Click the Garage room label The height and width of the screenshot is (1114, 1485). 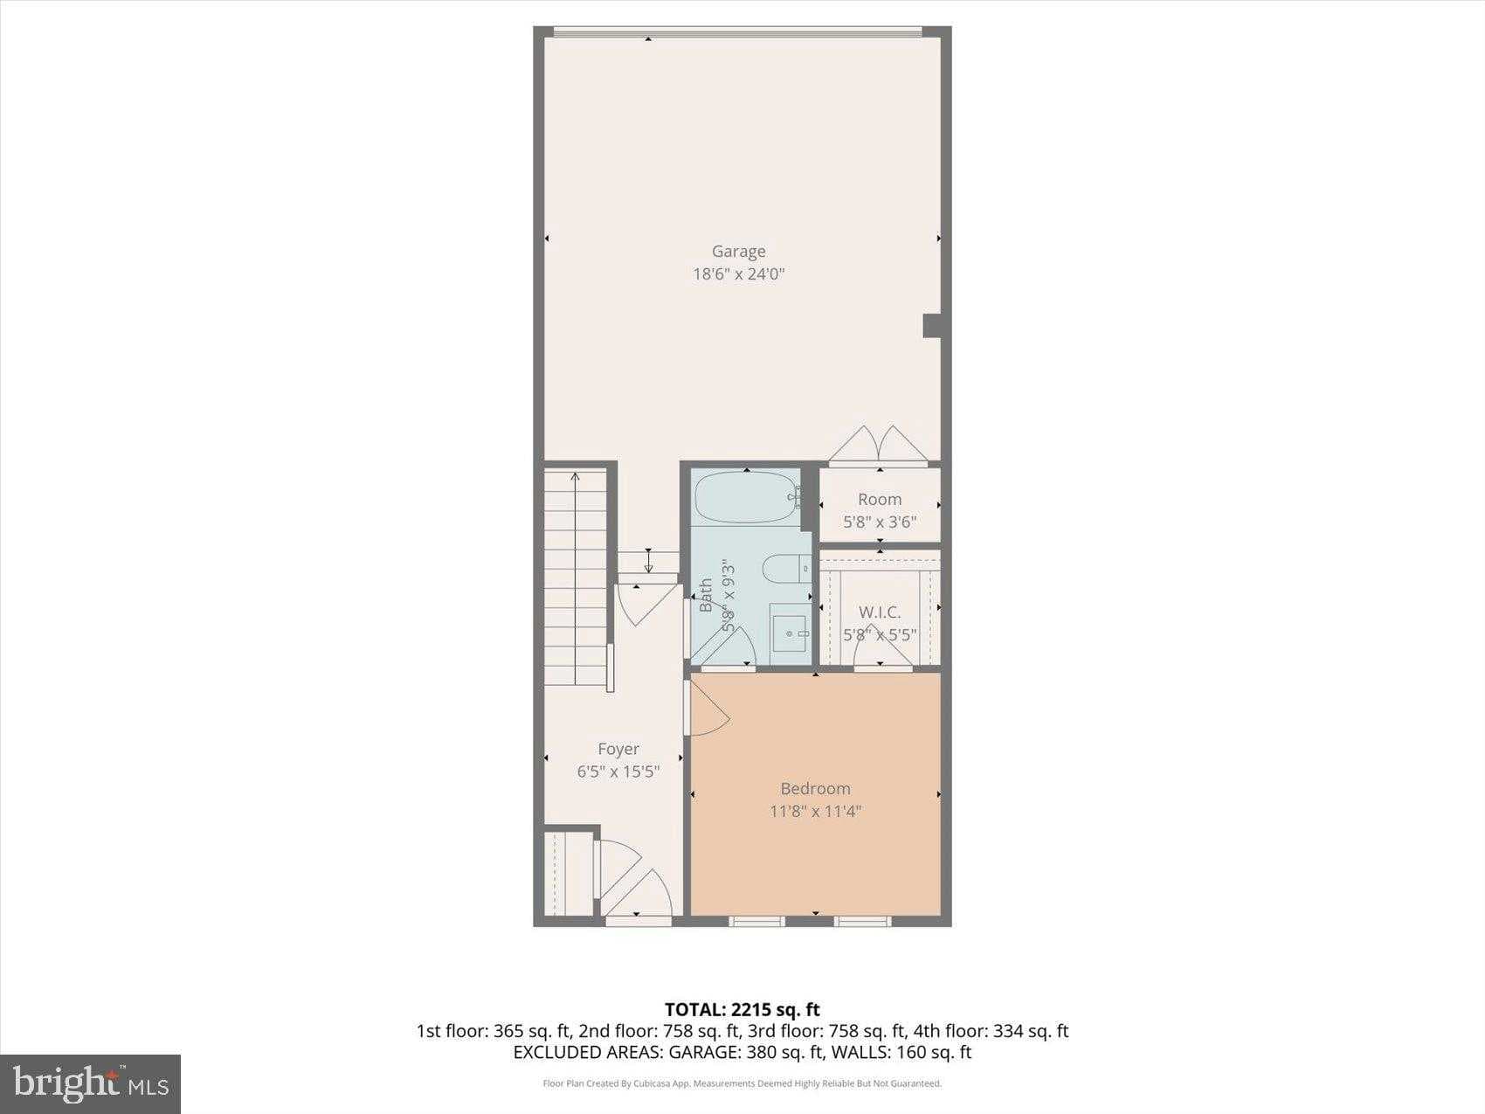coord(738,252)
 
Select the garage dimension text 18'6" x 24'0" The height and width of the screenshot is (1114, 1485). coord(738,274)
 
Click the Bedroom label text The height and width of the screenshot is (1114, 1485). coord(815,789)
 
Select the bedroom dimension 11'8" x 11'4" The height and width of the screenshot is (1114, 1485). coord(815,812)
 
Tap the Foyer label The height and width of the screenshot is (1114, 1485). coord(618,749)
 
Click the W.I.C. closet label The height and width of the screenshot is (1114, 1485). coord(879,612)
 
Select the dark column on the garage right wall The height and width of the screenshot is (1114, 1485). coord(932,326)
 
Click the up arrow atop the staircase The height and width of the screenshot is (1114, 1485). coord(575,477)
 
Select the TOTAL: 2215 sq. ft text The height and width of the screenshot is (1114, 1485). coord(742,1010)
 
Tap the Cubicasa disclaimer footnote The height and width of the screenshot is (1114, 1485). coord(742,1084)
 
